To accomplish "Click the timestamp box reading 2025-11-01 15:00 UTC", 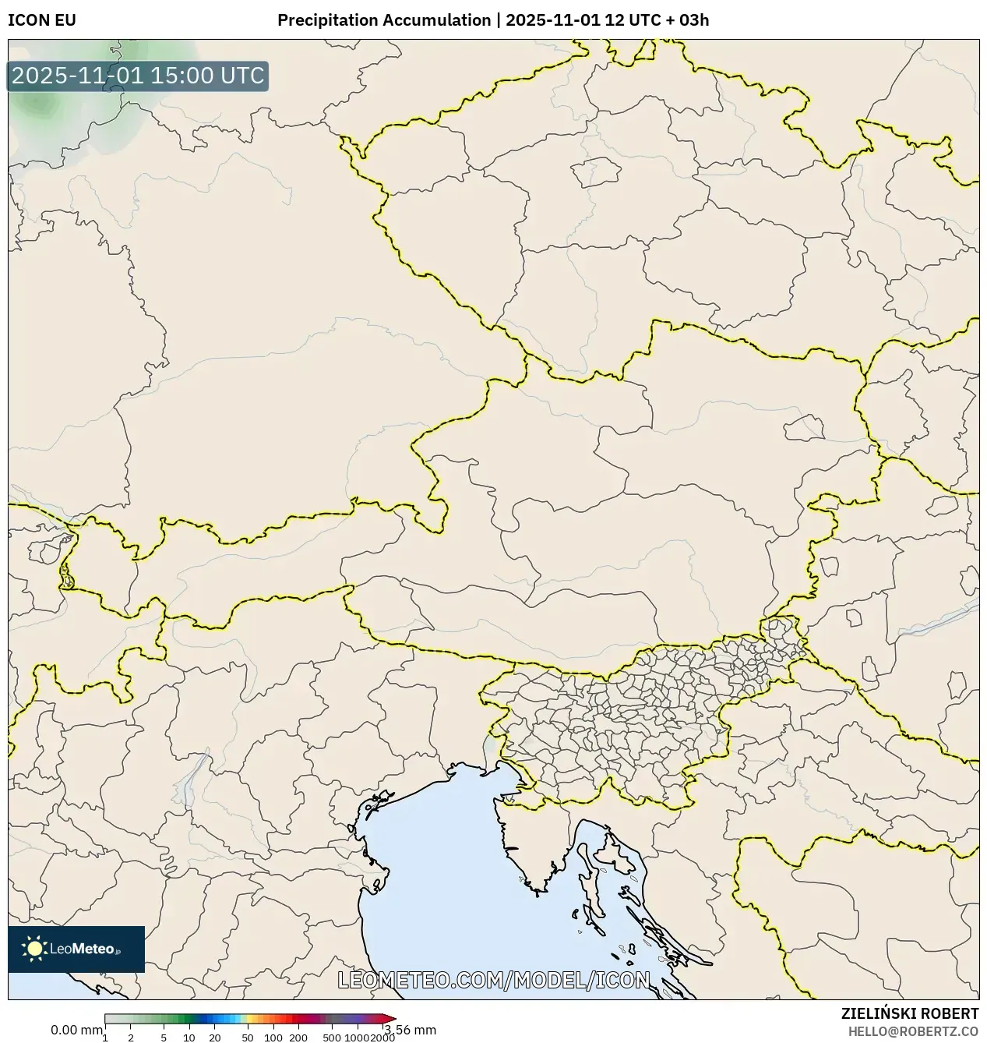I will pos(138,76).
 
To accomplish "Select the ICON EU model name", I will pos(42,20).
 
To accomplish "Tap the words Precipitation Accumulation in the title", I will pos(384,20).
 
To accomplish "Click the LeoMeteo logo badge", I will pos(76,949).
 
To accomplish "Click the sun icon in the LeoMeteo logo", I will pos(34,948).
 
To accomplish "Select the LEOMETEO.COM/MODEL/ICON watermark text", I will pos(493,980).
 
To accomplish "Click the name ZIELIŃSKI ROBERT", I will pos(910,1013).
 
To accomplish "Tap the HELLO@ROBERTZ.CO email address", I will pos(913,1031).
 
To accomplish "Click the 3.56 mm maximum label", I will pos(411,1030).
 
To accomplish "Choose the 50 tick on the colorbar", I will pos(248,1037).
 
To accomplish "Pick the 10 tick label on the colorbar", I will pos(189,1037).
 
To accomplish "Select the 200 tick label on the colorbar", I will pos(298,1037).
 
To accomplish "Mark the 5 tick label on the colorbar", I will pos(164,1037).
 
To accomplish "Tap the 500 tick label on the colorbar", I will pos(332,1037).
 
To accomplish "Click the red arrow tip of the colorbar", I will pos(391,1018).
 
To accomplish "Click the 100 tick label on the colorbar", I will pos(273,1037).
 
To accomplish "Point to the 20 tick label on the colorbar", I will pos(215,1037).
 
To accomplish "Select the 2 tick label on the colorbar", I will pos(131,1037).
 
